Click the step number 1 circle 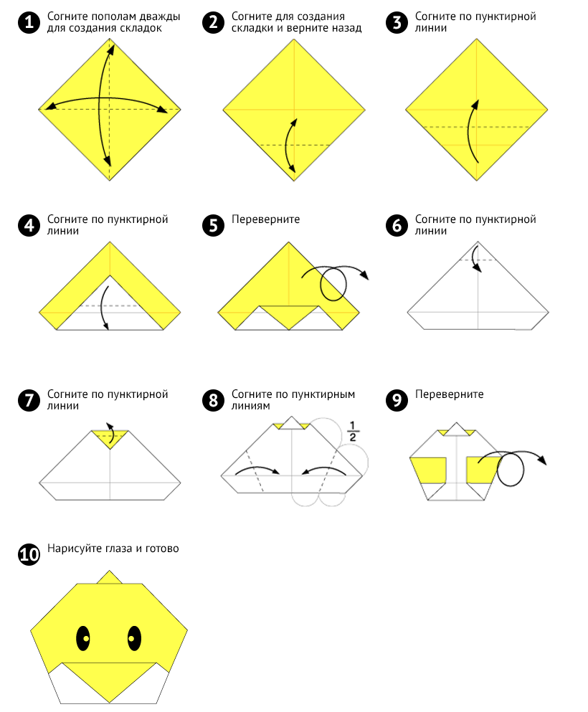click(x=29, y=22)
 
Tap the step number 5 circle click(x=214, y=225)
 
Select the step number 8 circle click(x=214, y=400)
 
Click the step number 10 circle click(x=29, y=554)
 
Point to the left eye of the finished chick click(x=83, y=638)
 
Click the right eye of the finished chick click(x=134, y=638)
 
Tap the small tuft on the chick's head click(x=110, y=577)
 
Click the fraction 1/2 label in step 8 click(x=353, y=432)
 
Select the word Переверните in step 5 click(x=265, y=219)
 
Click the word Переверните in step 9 click(x=450, y=394)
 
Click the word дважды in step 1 click(x=160, y=16)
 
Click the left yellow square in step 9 click(x=429, y=470)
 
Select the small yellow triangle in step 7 click(x=110, y=438)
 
